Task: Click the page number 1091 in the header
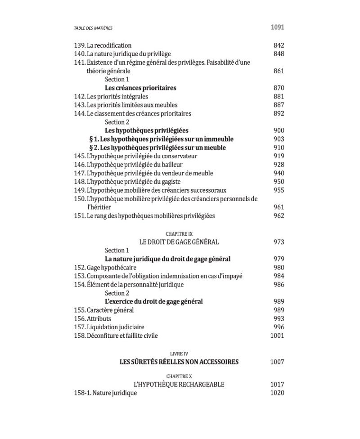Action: pos(277,27)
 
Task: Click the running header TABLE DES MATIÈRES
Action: pos(93,28)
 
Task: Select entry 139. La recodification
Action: pos(103,45)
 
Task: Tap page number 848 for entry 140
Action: pos(279,54)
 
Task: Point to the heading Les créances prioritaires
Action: pos(140,88)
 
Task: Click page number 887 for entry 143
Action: pos(279,105)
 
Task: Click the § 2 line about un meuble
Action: pos(157,148)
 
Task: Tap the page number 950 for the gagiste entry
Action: pos(279,182)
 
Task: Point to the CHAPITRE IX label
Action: pos(179,234)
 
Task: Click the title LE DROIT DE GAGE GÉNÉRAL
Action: pos(179,242)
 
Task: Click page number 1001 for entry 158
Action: pos(277,336)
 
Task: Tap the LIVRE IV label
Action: pos(179,354)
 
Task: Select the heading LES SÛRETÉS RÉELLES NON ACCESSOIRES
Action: pos(179,362)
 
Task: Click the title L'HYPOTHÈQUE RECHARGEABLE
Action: pos(179,385)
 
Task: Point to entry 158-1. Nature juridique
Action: pos(105,393)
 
